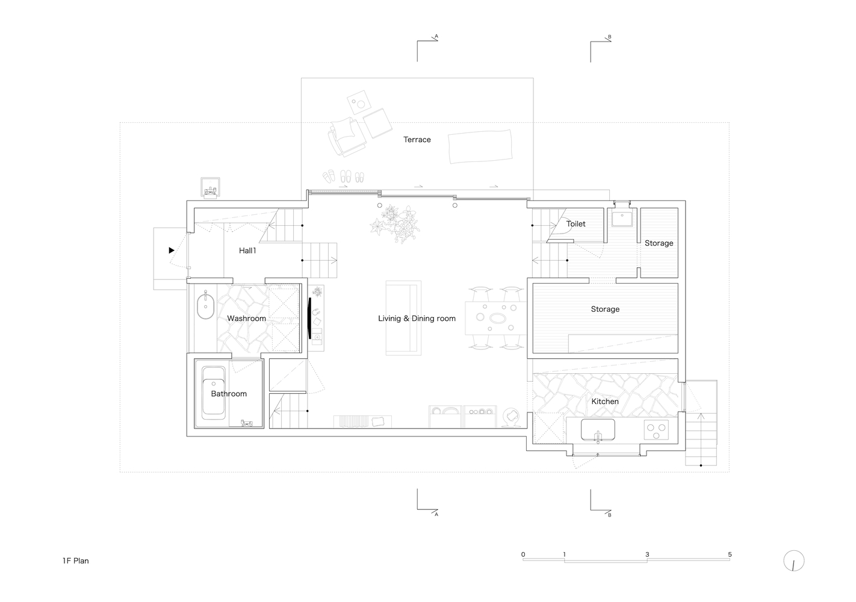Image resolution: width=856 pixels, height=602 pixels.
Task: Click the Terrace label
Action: [417, 140]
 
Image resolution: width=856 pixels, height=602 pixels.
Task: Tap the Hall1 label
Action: [247, 250]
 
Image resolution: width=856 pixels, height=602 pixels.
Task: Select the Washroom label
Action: [246, 318]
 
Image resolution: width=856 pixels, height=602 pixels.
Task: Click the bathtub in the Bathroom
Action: [214, 393]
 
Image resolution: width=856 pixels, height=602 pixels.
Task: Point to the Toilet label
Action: [575, 224]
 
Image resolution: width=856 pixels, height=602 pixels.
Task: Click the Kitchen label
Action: [604, 402]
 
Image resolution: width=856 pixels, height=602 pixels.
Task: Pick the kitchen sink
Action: [598, 430]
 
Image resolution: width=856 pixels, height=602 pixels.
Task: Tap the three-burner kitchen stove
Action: [657, 430]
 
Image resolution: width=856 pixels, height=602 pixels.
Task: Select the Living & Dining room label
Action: [417, 318]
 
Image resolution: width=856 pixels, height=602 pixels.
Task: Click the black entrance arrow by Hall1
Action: [172, 250]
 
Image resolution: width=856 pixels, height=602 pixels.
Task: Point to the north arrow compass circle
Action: [794, 561]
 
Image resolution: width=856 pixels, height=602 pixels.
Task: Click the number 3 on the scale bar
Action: [647, 554]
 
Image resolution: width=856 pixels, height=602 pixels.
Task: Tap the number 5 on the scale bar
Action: [730, 554]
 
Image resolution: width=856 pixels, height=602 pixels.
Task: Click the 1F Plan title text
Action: [75, 561]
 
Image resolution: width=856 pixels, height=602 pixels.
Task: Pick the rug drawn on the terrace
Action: [480, 146]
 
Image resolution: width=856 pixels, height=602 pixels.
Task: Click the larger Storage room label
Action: [605, 309]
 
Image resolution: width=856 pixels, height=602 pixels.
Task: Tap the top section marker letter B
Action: [610, 37]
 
